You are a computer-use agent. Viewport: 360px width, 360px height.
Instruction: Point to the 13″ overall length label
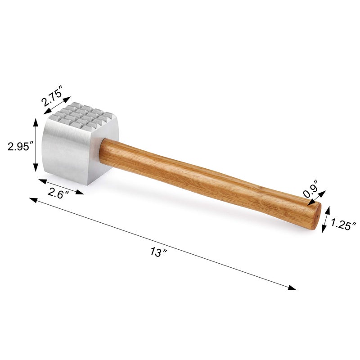[x=158, y=252]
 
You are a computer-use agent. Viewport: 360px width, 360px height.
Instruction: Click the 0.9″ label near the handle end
[x=311, y=188]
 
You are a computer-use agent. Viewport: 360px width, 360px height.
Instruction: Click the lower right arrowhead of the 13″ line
[x=293, y=288]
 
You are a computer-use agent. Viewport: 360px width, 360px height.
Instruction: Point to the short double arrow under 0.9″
[x=317, y=198]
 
